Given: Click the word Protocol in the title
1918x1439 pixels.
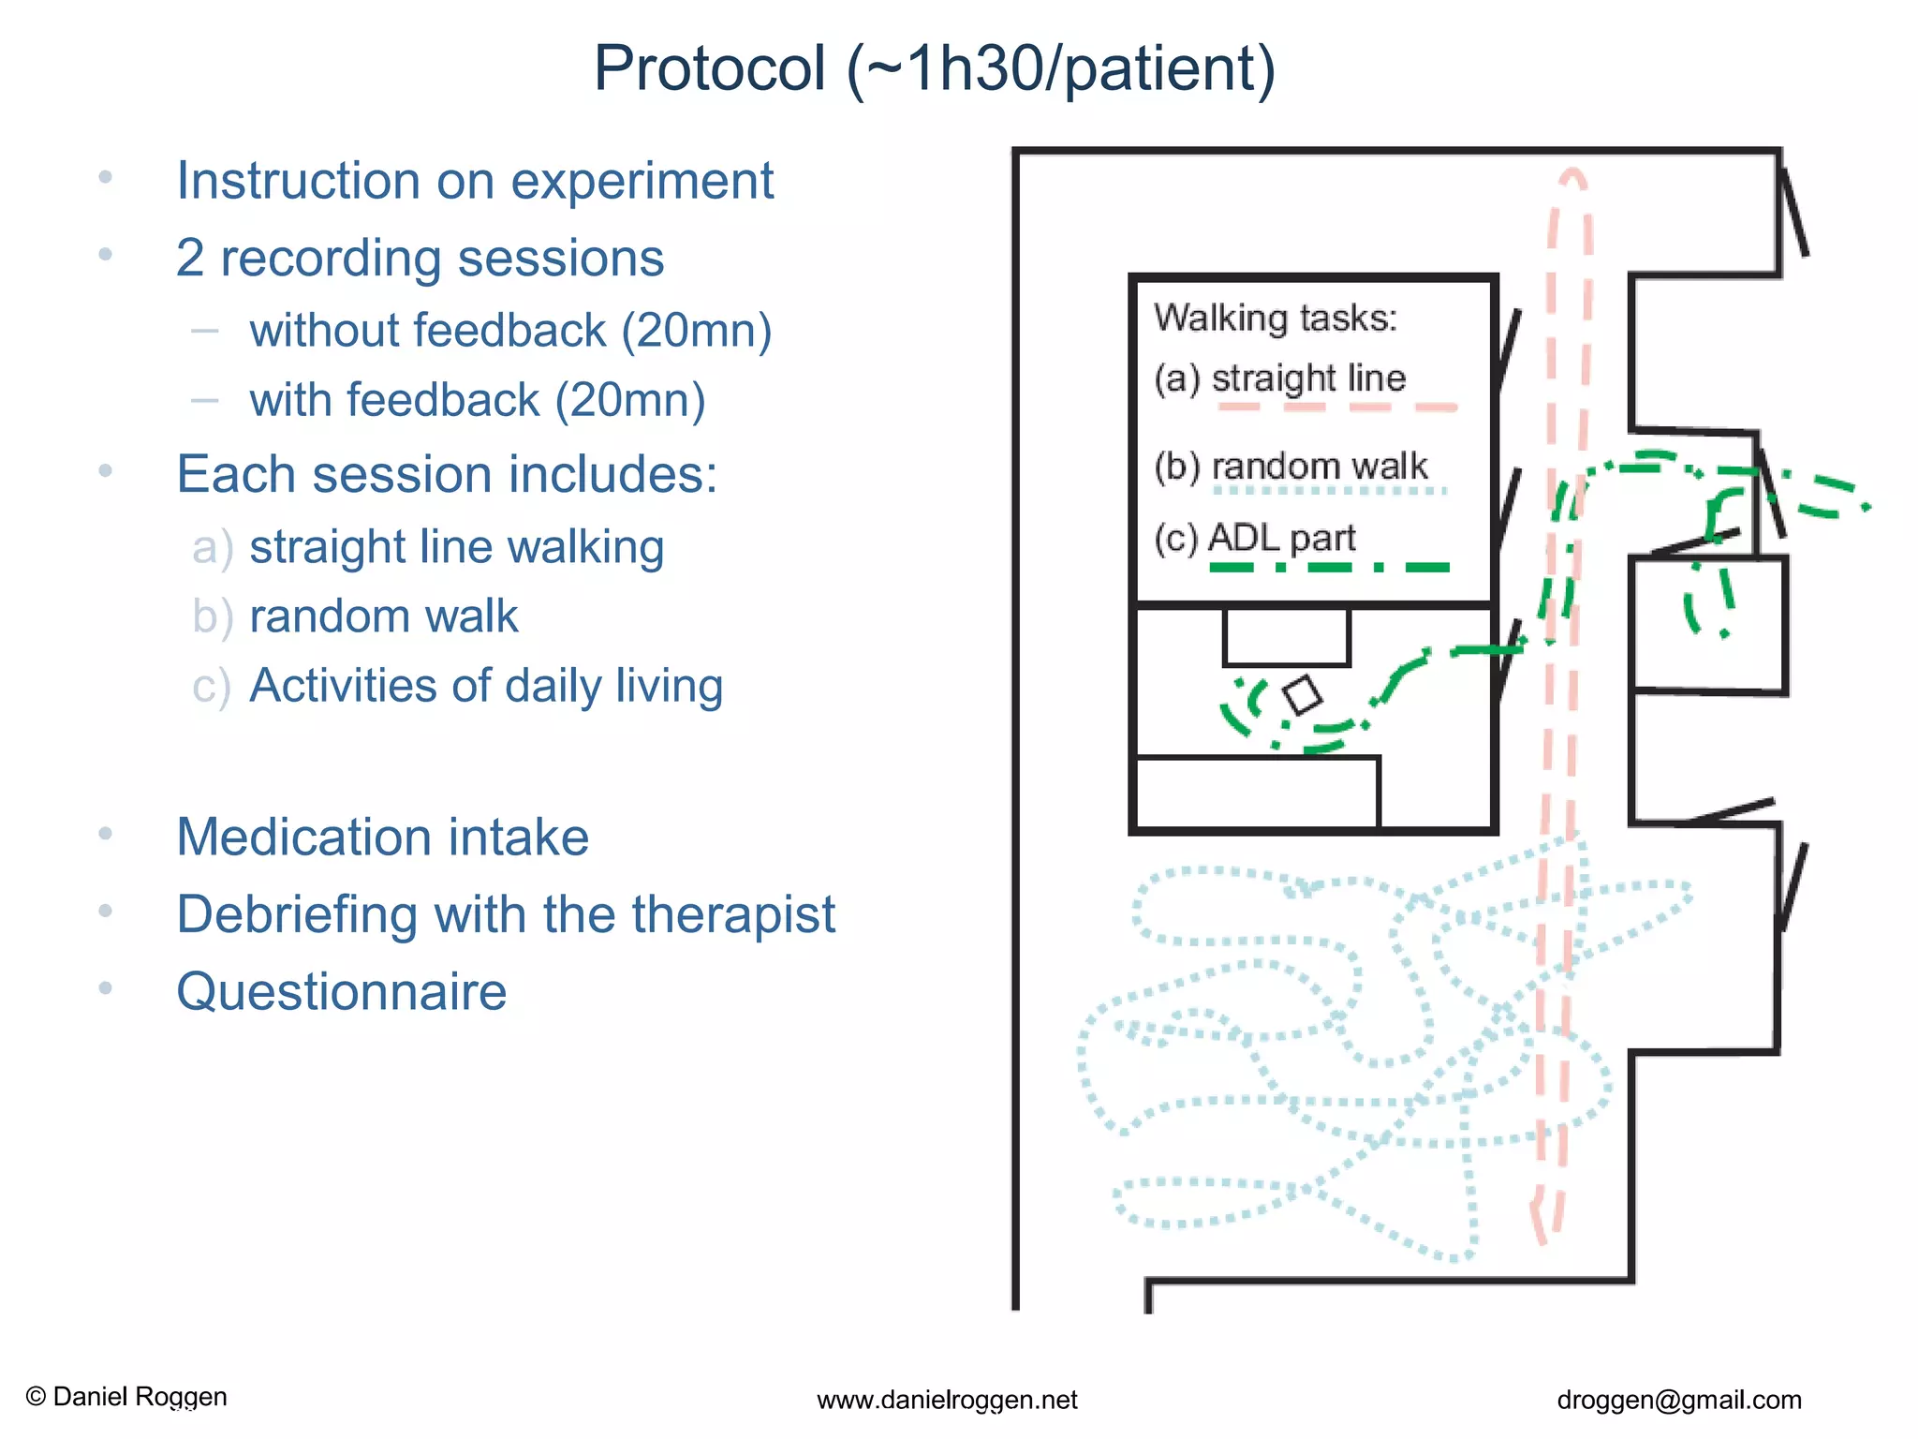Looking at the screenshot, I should tap(709, 68).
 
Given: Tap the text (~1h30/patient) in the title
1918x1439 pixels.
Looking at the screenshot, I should tap(1061, 68).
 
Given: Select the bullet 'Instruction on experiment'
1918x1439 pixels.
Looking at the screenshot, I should tap(475, 181).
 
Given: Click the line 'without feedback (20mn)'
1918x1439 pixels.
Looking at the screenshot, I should tap(510, 331).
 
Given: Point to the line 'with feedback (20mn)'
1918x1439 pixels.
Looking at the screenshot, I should tap(477, 400).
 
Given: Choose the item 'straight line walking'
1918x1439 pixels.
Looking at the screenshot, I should tap(456, 546).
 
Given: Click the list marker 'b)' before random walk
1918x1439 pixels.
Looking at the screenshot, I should tap(212, 617).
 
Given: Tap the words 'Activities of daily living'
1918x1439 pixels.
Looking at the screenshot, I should tap(486, 686).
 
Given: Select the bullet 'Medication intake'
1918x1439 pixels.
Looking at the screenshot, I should tap(382, 837).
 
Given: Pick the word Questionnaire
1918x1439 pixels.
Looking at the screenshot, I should tap(342, 992).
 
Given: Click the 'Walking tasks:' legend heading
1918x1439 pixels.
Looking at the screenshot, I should tap(1275, 319).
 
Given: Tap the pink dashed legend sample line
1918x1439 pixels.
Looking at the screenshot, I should tap(1337, 408).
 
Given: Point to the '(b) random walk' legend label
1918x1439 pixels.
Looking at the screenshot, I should tap(1291, 466).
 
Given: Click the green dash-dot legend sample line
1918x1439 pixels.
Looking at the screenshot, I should tap(1329, 567).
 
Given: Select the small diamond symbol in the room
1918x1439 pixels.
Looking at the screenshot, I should tap(1302, 695).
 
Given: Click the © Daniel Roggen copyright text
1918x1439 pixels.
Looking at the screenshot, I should tap(126, 1397).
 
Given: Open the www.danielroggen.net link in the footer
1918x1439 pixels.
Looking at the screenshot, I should tap(947, 1401).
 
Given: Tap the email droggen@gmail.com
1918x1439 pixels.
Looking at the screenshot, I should tap(1678, 1401).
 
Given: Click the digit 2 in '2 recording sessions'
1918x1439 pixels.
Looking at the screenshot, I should tap(190, 259).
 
